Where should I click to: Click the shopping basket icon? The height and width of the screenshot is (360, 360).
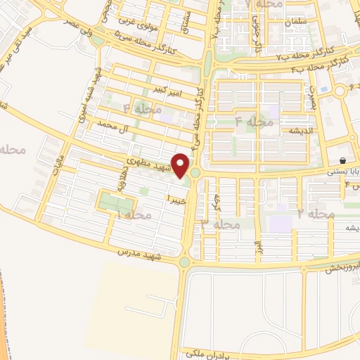[342, 160]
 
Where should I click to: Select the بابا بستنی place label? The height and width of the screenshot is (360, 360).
[345, 171]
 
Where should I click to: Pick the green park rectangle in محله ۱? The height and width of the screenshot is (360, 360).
[115, 202]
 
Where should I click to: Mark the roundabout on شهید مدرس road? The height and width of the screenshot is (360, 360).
[184, 262]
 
